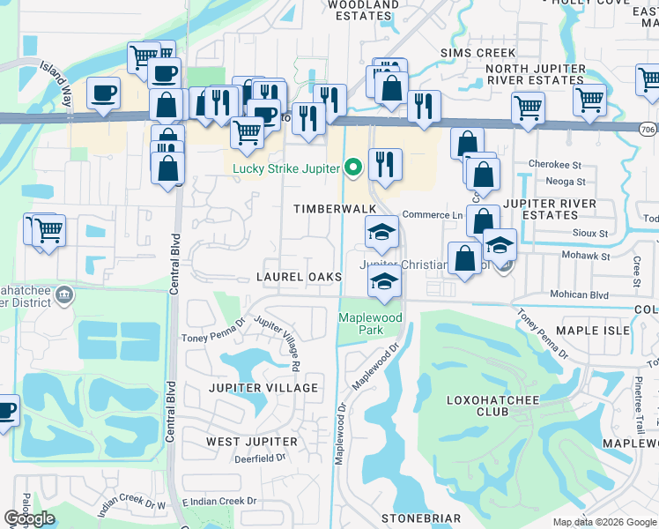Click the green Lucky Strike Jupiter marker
pyautogui.click(x=353, y=167)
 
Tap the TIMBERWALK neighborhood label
pyautogui.click(x=335, y=208)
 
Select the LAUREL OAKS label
pyautogui.click(x=299, y=277)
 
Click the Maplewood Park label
pyautogui.click(x=371, y=324)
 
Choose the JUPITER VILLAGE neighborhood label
pyautogui.click(x=263, y=388)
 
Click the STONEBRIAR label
pyautogui.click(x=421, y=518)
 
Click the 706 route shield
pyautogui.click(x=648, y=130)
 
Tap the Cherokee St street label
pyautogui.click(x=555, y=165)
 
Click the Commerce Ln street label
pyautogui.click(x=433, y=215)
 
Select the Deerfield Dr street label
pyautogui.click(x=260, y=458)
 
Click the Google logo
pyautogui.click(x=28, y=518)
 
